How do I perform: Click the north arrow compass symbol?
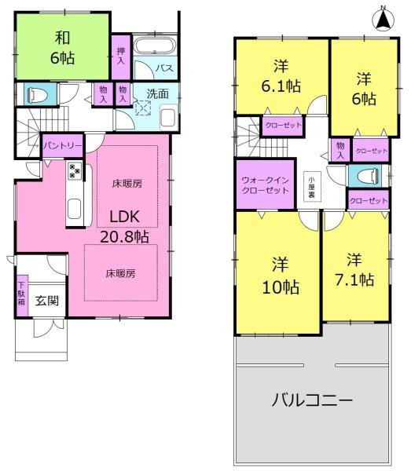(383, 19)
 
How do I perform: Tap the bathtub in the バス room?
(154, 46)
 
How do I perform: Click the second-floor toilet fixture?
(368, 175)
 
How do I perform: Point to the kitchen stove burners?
(75, 171)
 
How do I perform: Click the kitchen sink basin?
(74, 209)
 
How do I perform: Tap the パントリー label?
(62, 146)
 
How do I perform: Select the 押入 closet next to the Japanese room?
(121, 57)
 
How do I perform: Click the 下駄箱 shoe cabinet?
(21, 294)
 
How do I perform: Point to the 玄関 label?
(47, 301)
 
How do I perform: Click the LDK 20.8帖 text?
(124, 227)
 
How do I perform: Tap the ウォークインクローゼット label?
(265, 185)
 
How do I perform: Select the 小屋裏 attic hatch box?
(312, 186)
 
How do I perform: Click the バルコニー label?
(312, 400)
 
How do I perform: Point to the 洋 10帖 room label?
(281, 276)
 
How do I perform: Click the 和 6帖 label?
(62, 47)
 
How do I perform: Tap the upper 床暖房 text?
(127, 184)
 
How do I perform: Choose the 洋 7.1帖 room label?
(354, 269)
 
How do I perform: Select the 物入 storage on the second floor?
(340, 150)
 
